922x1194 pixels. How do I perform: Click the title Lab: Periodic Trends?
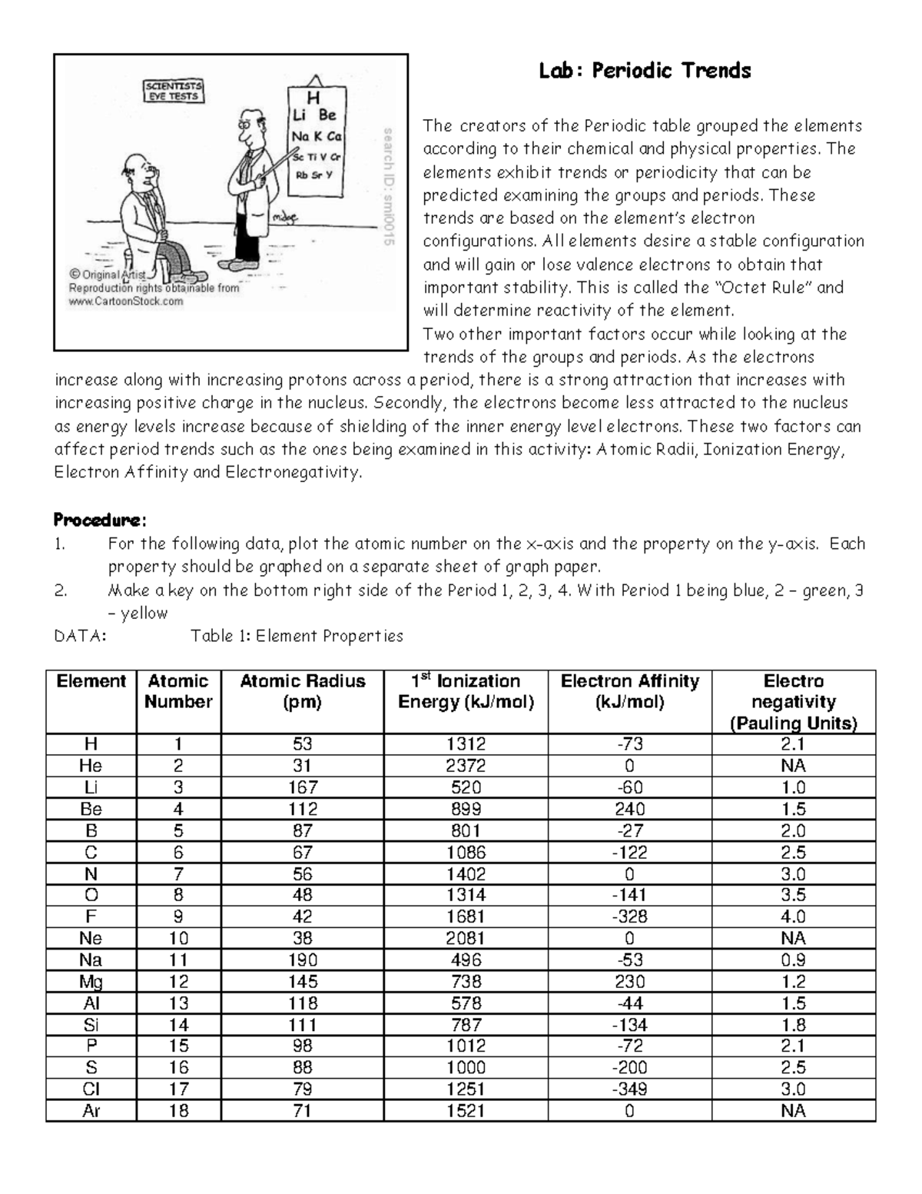point(644,72)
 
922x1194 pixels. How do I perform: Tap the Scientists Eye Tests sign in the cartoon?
point(174,91)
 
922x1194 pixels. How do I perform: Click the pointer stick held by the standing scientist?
point(277,166)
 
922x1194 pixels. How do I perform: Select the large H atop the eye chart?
point(313,98)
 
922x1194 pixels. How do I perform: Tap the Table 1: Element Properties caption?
point(297,636)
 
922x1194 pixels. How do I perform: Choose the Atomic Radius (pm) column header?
point(302,691)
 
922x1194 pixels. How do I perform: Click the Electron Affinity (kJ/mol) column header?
point(629,691)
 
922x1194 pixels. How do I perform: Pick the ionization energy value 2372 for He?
point(466,766)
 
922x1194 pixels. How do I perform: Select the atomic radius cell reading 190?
point(302,960)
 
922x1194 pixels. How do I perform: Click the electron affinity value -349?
point(629,1089)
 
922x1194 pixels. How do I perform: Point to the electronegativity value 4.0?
point(793,916)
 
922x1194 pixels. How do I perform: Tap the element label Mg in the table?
point(91,982)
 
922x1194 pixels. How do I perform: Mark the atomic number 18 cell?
point(178,1111)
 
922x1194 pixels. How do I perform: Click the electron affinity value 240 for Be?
point(629,809)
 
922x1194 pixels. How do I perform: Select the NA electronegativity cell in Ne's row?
point(793,938)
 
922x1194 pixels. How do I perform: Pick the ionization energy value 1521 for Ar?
point(466,1111)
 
